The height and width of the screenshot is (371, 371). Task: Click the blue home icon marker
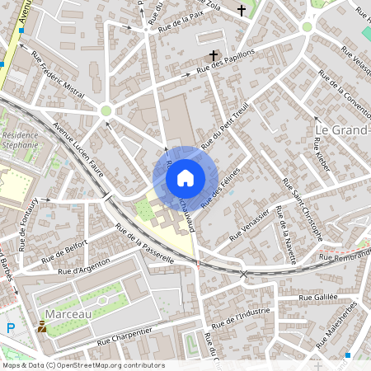pos(185,177)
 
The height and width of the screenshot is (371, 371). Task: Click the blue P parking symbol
pos(11,327)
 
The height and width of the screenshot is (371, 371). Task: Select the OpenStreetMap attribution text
pos(82,364)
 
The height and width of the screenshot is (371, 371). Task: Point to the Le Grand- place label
pos(343,130)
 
